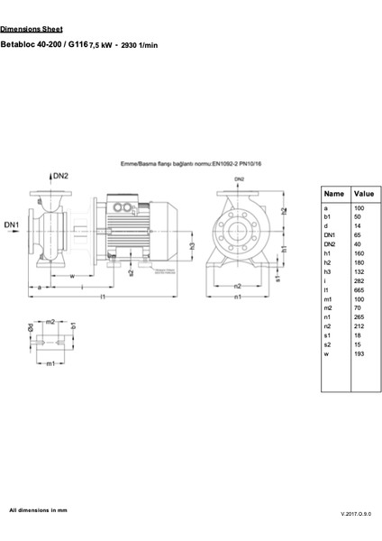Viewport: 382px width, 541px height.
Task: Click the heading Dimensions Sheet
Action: (32, 29)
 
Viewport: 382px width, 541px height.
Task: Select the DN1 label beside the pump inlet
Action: (11, 224)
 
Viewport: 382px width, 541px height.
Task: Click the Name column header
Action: (333, 193)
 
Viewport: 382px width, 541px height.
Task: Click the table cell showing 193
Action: (359, 353)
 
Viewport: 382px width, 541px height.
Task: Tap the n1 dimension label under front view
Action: (237, 296)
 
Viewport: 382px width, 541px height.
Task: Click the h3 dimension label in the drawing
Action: (192, 245)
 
